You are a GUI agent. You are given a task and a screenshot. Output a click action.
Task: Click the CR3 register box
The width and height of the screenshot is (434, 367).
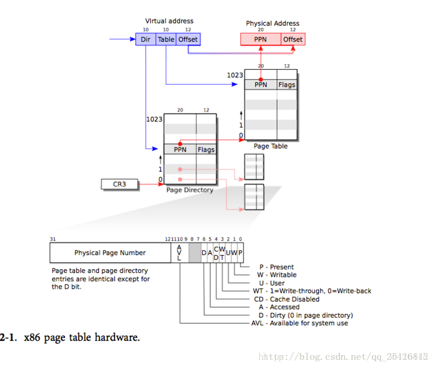119,183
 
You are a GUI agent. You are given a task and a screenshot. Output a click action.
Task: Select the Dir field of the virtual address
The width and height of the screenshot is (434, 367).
145,39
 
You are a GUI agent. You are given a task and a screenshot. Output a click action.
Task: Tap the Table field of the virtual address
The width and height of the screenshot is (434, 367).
166,39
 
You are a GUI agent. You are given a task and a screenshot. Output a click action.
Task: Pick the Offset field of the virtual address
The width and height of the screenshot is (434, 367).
188,39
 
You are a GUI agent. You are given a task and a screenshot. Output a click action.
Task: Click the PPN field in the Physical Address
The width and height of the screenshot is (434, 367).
261,39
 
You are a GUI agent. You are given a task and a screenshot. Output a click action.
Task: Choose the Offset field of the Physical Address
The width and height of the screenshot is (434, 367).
293,39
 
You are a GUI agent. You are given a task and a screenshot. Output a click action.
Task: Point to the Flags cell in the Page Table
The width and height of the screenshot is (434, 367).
287,85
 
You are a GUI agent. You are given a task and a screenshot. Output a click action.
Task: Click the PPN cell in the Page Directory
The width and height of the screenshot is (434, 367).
180,150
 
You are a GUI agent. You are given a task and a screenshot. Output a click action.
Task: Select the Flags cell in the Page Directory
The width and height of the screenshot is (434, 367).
206,150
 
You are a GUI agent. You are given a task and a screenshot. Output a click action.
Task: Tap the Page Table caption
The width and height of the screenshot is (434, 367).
271,146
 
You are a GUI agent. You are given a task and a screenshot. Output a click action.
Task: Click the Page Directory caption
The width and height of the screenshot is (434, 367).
189,190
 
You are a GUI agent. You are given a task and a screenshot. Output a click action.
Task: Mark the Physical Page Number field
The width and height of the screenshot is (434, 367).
110,253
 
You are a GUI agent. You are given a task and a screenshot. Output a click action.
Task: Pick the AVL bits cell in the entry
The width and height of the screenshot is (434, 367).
179,253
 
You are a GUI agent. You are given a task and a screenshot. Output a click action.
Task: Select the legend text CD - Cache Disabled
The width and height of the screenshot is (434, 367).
287,299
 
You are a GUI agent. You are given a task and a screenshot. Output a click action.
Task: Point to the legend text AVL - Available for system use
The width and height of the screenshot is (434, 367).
300,323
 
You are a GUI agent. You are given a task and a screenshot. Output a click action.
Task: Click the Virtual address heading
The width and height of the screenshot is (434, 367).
169,21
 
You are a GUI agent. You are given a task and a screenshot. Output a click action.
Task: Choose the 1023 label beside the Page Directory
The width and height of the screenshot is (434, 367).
154,119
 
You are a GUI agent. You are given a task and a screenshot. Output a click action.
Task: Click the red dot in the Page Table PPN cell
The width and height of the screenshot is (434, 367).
261,79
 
